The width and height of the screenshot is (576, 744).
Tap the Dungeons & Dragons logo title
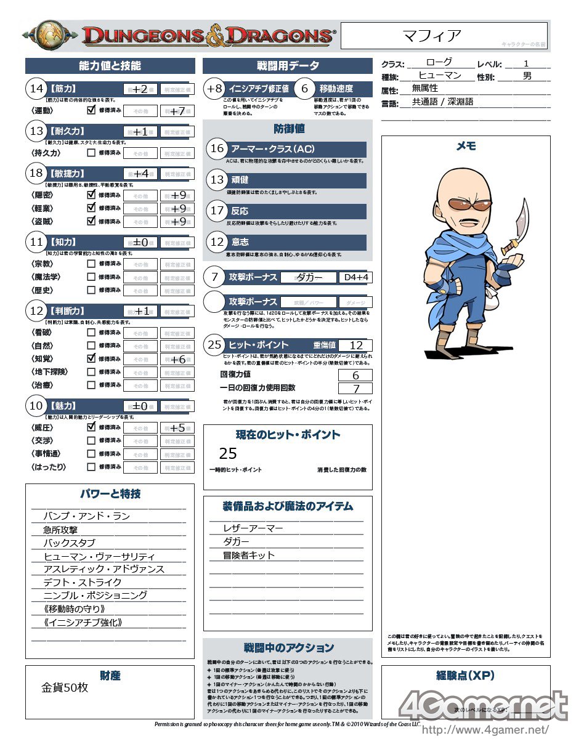tap(209, 36)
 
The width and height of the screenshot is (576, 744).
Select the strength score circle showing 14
tap(36, 89)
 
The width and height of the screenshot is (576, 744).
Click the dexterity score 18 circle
tap(36, 173)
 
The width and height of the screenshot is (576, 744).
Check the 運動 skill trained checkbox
tap(91, 110)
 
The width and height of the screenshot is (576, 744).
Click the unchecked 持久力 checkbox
tap(91, 152)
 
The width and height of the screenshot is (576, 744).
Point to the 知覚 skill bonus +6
tap(178, 360)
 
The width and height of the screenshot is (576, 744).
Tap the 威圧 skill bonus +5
tap(178, 428)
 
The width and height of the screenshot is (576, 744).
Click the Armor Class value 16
tap(217, 148)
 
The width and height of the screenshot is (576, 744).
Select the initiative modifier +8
tap(214, 89)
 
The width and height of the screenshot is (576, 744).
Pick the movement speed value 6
tap(304, 89)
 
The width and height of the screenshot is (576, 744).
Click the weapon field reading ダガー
tap(309, 278)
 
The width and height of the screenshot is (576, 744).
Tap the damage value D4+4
tap(355, 278)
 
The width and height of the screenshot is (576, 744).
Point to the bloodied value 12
tap(355, 346)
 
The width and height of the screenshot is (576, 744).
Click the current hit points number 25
tap(228, 453)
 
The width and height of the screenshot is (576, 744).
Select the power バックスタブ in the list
tap(69, 543)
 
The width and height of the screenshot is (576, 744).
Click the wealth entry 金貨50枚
tap(65, 687)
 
